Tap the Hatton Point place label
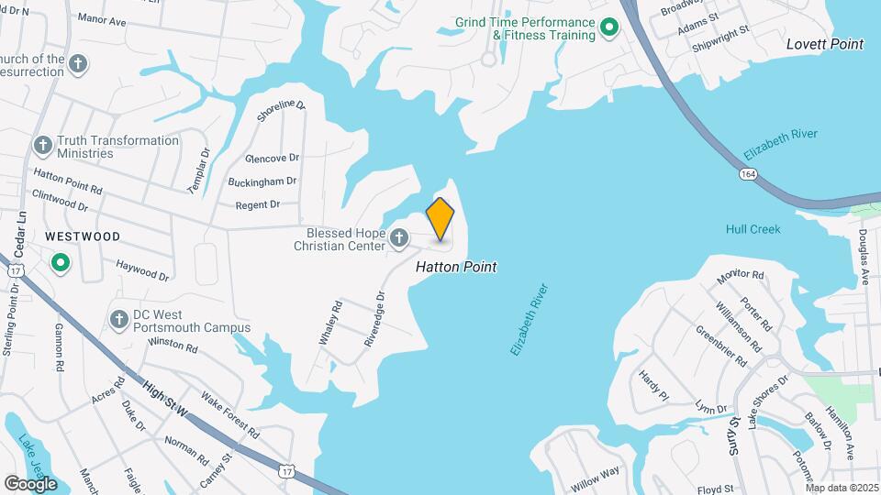(456, 267)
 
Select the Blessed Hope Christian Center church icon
(398, 239)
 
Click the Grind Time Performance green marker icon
(608, 29)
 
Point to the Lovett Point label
(825, 44)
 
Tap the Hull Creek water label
(753, 229)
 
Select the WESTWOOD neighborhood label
(83, 236)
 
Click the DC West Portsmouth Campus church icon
(118, 320)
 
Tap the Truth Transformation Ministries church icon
(42, 146)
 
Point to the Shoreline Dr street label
(281, 116)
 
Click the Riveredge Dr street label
(374, 318)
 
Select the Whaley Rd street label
(330, 324)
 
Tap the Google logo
(29, 483)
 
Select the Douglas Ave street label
(864, 257)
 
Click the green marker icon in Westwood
(61, 264)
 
